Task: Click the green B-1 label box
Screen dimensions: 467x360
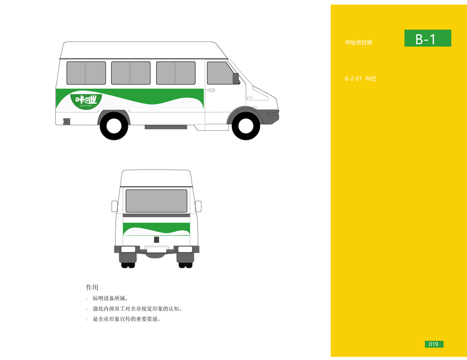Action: pos(427,39)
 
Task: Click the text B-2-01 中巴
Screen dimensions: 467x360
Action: pos(360,79)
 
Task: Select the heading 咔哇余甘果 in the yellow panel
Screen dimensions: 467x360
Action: pos(359,43)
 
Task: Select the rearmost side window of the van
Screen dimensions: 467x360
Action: pos(86,73)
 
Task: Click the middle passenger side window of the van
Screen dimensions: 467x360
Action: pos(130,73)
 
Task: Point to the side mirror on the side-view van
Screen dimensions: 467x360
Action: pos(236,78)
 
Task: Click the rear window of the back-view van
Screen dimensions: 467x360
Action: pos(156,200)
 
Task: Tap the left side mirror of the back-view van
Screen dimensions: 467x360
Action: pos(115,206)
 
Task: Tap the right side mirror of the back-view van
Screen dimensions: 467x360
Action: pos(198,206)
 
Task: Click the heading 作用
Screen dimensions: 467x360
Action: pos(92,287)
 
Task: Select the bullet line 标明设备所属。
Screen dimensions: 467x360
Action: pos(110,298)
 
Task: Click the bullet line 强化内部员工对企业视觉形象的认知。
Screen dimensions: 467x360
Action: pos(137,308)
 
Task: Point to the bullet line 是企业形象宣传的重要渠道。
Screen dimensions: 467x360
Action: pos(127,319)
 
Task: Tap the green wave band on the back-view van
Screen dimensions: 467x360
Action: pos(156,228)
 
